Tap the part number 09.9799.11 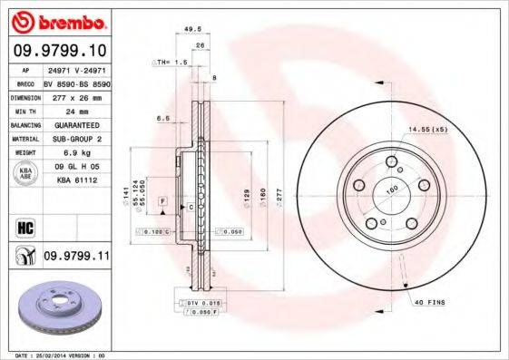76,258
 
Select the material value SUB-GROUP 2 72,138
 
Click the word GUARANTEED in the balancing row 71,123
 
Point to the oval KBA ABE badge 26,173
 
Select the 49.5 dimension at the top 191,29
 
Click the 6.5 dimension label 163,118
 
